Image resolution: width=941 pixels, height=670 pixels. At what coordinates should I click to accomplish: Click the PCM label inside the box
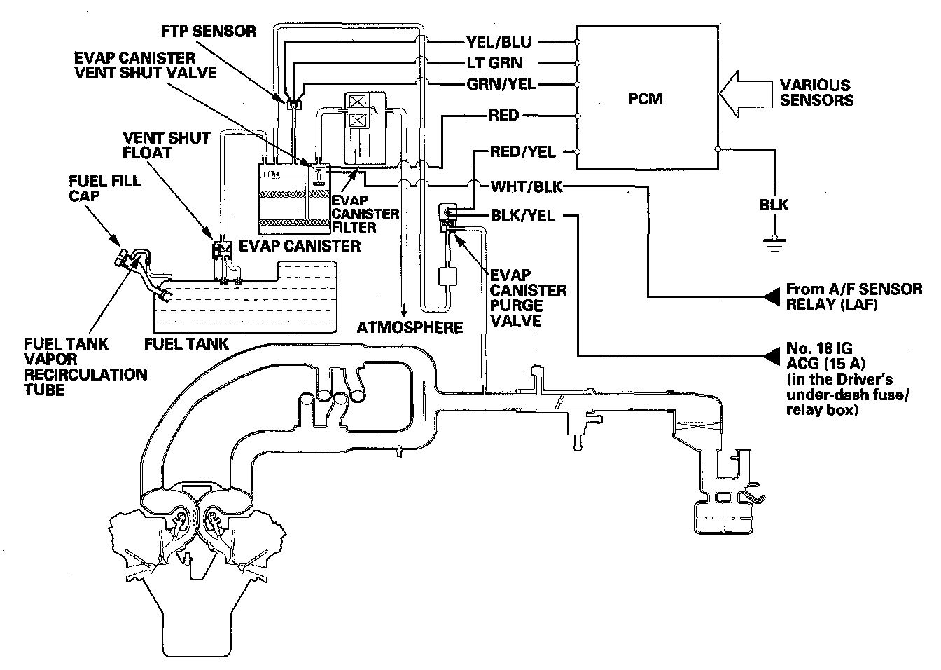pos(645,99)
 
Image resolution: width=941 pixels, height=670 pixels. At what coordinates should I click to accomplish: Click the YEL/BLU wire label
pos(499,42)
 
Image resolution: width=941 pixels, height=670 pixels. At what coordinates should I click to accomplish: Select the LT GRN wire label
pos(494,63)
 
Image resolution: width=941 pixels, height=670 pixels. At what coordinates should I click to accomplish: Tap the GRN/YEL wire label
pos(501,85)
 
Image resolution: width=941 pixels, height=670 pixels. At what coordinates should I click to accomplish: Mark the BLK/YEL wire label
pos(523,216)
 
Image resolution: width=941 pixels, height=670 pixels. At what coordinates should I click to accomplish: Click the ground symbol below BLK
pos(774,244)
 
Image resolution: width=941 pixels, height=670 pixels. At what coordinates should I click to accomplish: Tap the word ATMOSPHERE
pos(410,327)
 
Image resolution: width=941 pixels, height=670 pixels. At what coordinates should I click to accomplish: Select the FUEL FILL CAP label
pos(104,189)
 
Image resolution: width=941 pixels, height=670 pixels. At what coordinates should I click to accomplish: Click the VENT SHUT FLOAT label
pos(166,145)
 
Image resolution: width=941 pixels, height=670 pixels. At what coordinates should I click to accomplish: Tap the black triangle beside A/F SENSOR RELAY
pos(771,296)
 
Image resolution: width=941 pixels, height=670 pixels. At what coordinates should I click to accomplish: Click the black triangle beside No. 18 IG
pos(771,356)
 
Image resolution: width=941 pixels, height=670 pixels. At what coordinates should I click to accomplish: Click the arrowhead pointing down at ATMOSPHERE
pos(404,313)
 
